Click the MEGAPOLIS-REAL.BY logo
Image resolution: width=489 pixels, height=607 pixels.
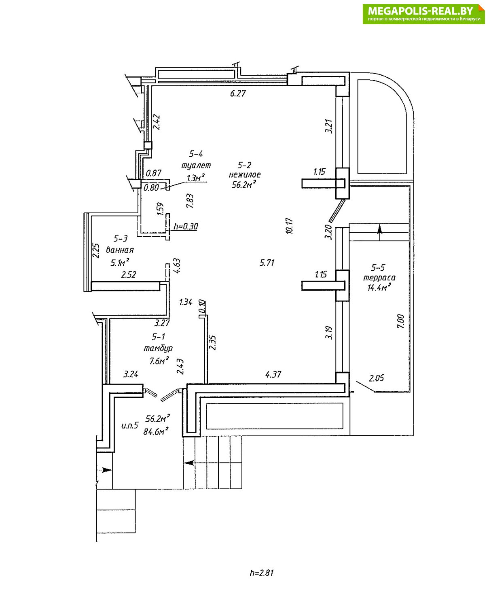[x=423, y=14]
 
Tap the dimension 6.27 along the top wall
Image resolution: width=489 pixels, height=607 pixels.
[x=238, y=93]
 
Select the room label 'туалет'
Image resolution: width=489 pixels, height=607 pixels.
[x=196, y=165]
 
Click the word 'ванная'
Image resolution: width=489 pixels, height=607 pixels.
[x=120, y=250]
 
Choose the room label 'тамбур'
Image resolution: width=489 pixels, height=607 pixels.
[x=158, y=348]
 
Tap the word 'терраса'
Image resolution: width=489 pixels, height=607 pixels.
[x=379, y=278]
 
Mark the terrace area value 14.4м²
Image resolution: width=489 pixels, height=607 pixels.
[x=379, y=288]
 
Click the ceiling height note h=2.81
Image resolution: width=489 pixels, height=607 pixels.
[x=262, y=573]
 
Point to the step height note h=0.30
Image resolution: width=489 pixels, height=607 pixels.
[x=186, y=226]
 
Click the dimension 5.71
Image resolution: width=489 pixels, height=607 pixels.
[x=267, y=263]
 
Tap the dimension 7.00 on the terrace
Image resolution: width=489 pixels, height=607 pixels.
[x=400, y=321]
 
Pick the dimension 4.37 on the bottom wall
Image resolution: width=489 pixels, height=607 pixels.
[x=273, y=375]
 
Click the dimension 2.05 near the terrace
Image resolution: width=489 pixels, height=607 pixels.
[x=377, y=378]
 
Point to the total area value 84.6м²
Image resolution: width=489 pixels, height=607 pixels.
[x=156, y=432]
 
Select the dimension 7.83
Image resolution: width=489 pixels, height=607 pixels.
[x=190, y=201]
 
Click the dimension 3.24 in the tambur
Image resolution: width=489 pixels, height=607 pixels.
[x=131, y=374]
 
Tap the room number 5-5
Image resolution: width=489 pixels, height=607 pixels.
[x=378, y=267]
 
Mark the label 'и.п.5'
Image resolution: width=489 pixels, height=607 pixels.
[x=130, y=425]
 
